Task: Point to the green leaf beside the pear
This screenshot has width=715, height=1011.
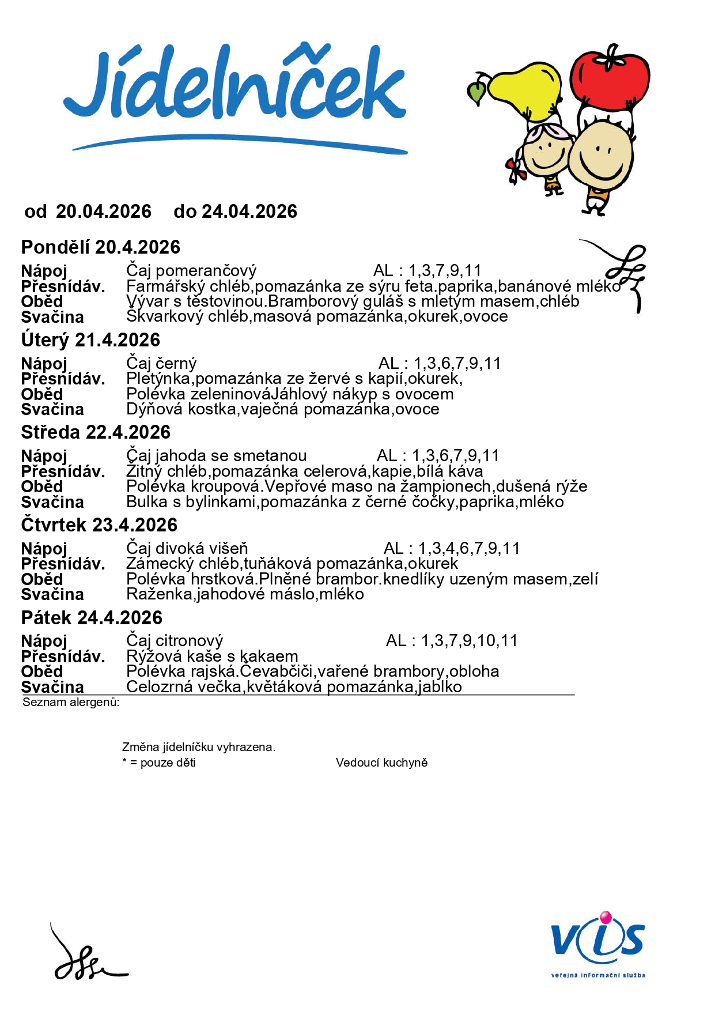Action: [x=477, y=92]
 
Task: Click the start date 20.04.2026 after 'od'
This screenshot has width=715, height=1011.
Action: [x=104, y=212]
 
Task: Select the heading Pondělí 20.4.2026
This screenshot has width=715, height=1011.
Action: [x=101, y=247]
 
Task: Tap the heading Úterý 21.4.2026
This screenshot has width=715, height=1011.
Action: [x=90, y=340]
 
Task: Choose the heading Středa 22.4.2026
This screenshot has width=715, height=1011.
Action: [x=96, y=432]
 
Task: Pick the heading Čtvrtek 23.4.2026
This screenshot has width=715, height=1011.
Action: [x=99, y=525]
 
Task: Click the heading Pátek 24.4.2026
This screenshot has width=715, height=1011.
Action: [x=92, y=618]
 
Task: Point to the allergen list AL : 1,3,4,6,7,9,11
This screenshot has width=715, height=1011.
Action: [x=452, y=548]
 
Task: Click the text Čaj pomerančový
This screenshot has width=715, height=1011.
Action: [x=191, y=270]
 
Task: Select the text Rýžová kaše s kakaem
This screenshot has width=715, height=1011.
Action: [x=212, y=656]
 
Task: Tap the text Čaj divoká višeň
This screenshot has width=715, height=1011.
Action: [x=187, y=548]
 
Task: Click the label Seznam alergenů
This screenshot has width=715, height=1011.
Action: [x=71, y=702]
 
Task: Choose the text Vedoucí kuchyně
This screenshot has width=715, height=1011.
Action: [x=381, y=763]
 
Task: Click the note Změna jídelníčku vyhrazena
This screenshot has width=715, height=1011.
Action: [x=199, y=747]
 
